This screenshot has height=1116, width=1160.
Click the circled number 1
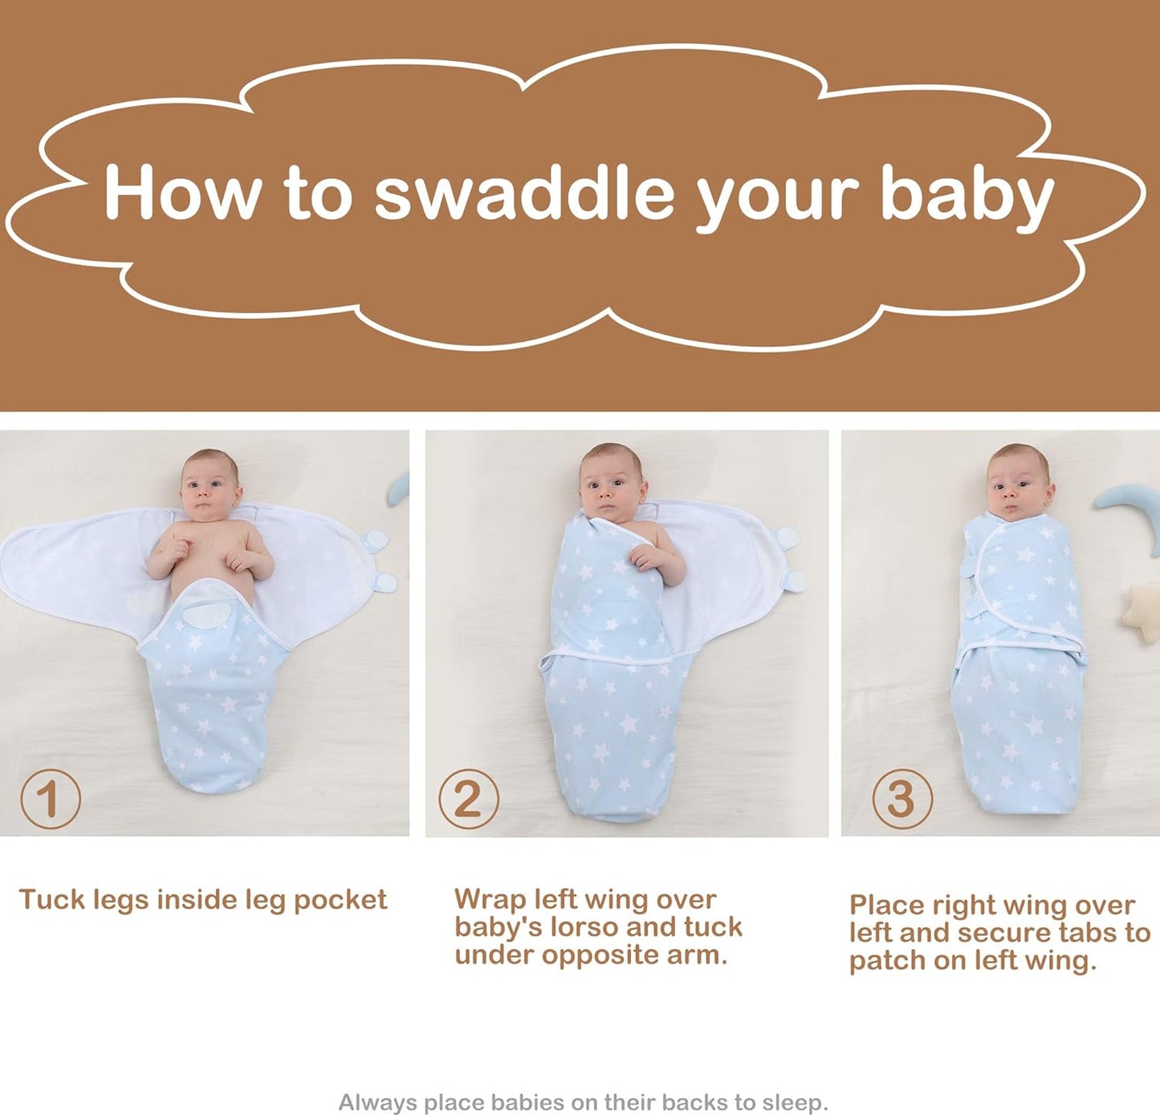(x=50, y=799)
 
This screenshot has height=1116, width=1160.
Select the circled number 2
(x=469, y=799)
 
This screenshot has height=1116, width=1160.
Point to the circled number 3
(x=902, y=799)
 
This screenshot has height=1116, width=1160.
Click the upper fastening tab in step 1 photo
(x=376, y=539)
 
